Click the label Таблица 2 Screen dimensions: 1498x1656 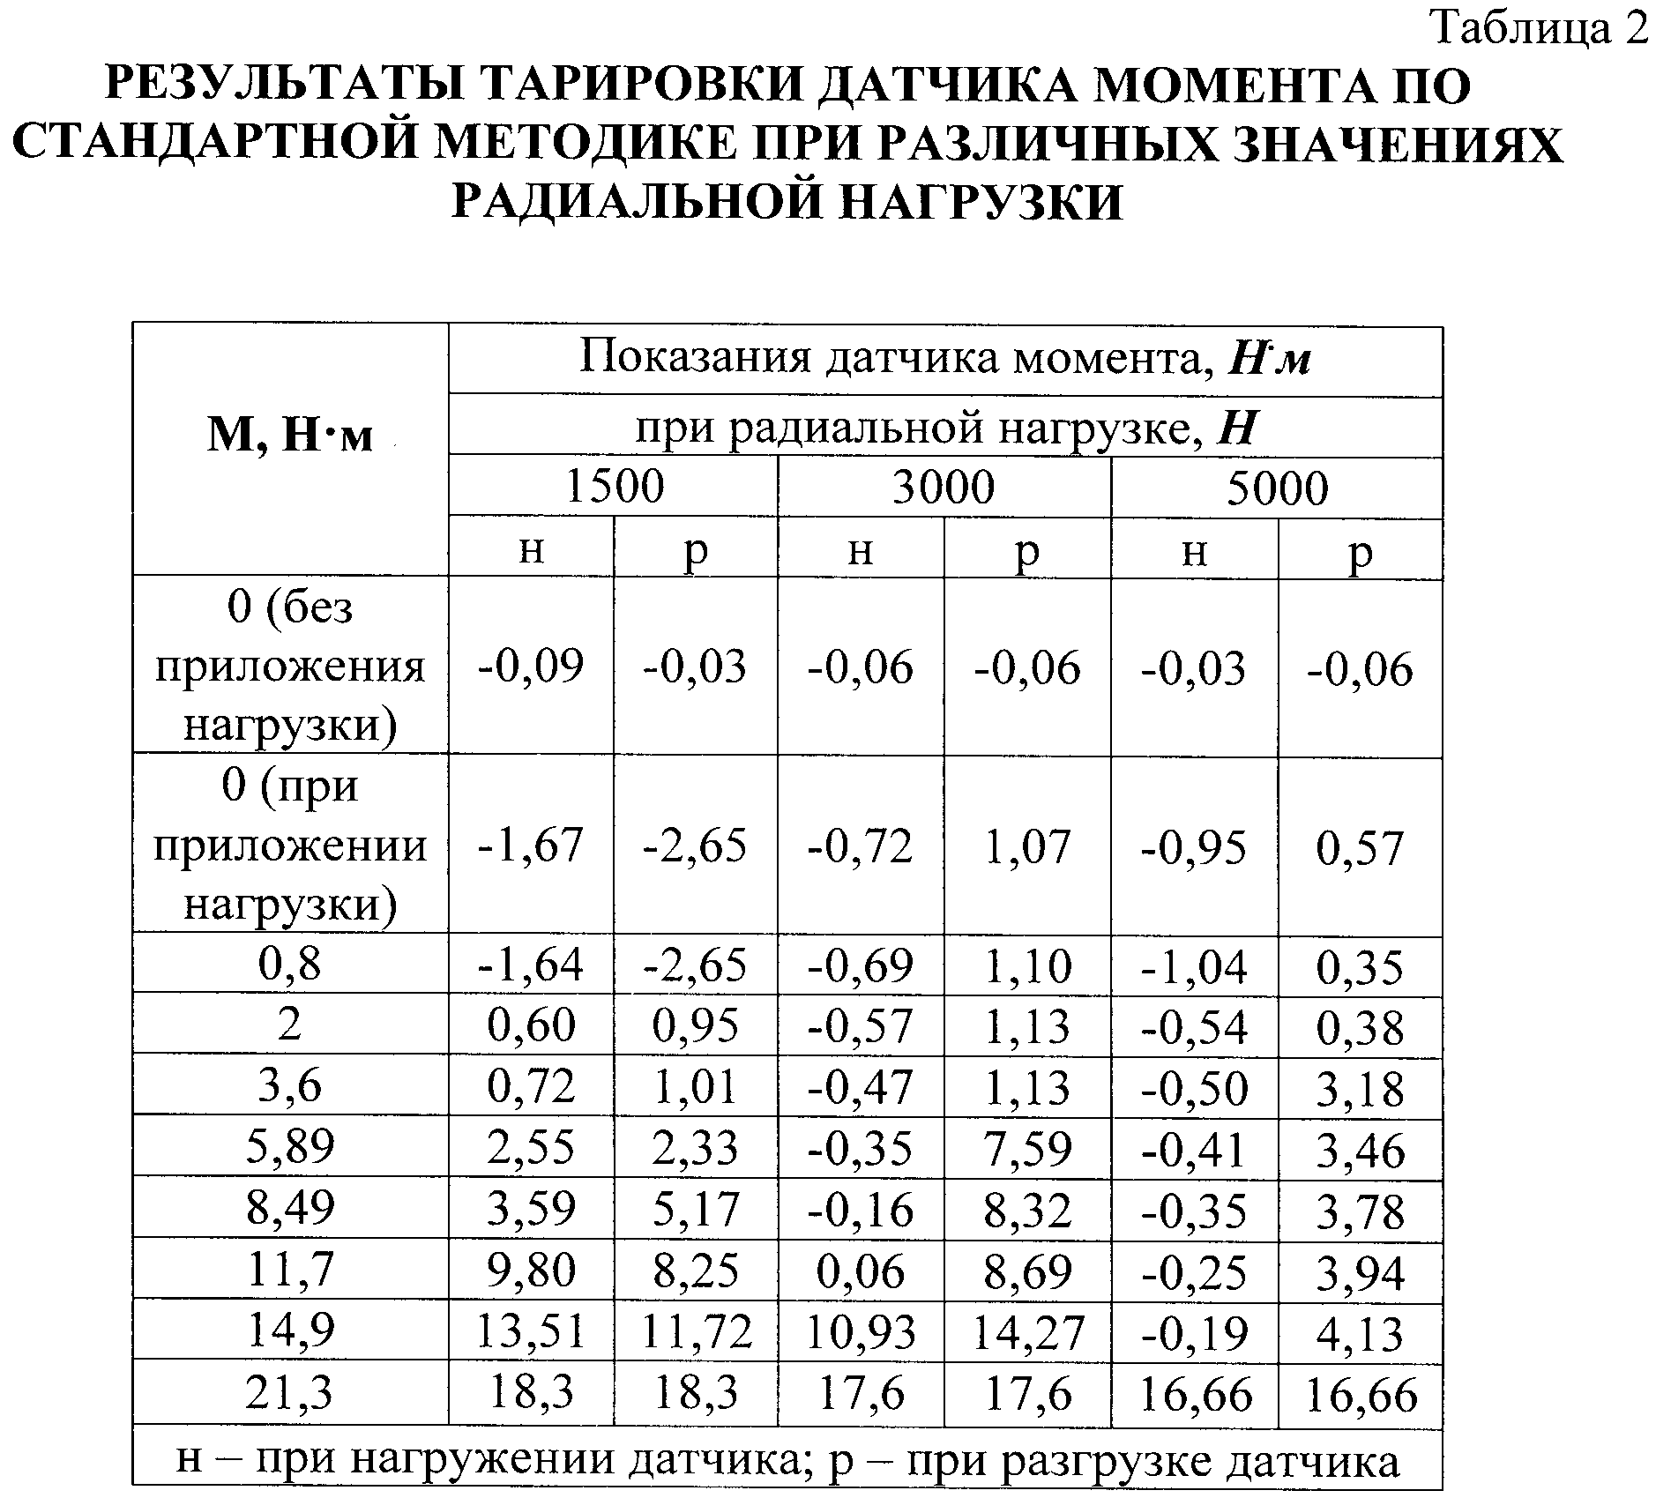click(x=1539, y=30)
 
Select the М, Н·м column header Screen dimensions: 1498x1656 click(x=290, y=434)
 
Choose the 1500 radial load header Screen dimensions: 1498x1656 click(x=614, y=487)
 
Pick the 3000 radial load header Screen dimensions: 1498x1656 click(x=944, y=487)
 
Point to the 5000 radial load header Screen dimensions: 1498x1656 click(x=1277, y=488)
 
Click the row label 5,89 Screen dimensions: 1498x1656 click(x=290, y=1146)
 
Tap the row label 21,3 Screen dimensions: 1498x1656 click(x=290, y=1393)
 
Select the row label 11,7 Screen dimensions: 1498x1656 click(x=290, y=1270)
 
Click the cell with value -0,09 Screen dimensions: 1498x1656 click(x=531, y=666)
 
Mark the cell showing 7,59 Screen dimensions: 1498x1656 click(x=1027, y=1149)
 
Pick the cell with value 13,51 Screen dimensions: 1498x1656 click(x=531, y=1331)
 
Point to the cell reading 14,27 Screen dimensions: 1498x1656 click(x=1027, y=1332)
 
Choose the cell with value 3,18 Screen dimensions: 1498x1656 click(x=1360, y=1089)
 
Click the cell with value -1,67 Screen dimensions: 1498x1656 click(x=531, y=846)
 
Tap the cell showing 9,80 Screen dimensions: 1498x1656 click(x=531, y=1271)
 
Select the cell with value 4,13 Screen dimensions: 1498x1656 click(x=1360, y=1333)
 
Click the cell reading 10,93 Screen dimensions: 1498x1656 click(x=861, y=1332)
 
